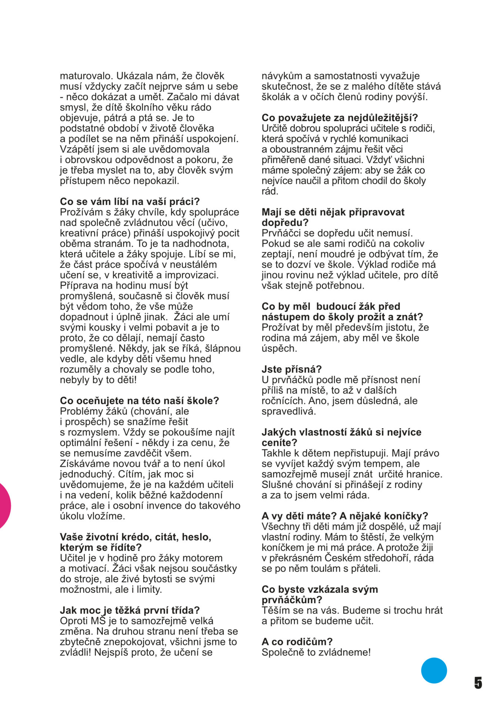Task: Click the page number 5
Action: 478,683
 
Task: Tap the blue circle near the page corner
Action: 434,670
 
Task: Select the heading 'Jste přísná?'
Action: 292,369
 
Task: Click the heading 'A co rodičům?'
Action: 297,642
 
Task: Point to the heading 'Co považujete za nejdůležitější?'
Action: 340,118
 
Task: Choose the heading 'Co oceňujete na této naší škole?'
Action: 140,401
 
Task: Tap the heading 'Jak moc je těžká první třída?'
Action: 130,610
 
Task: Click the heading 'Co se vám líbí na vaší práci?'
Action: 130,202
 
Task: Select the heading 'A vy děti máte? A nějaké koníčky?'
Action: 345,516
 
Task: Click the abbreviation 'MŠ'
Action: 98,621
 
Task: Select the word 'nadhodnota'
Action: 201,244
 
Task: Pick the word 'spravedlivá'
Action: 289,411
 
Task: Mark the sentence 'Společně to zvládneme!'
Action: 316,652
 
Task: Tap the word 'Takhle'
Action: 277,453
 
